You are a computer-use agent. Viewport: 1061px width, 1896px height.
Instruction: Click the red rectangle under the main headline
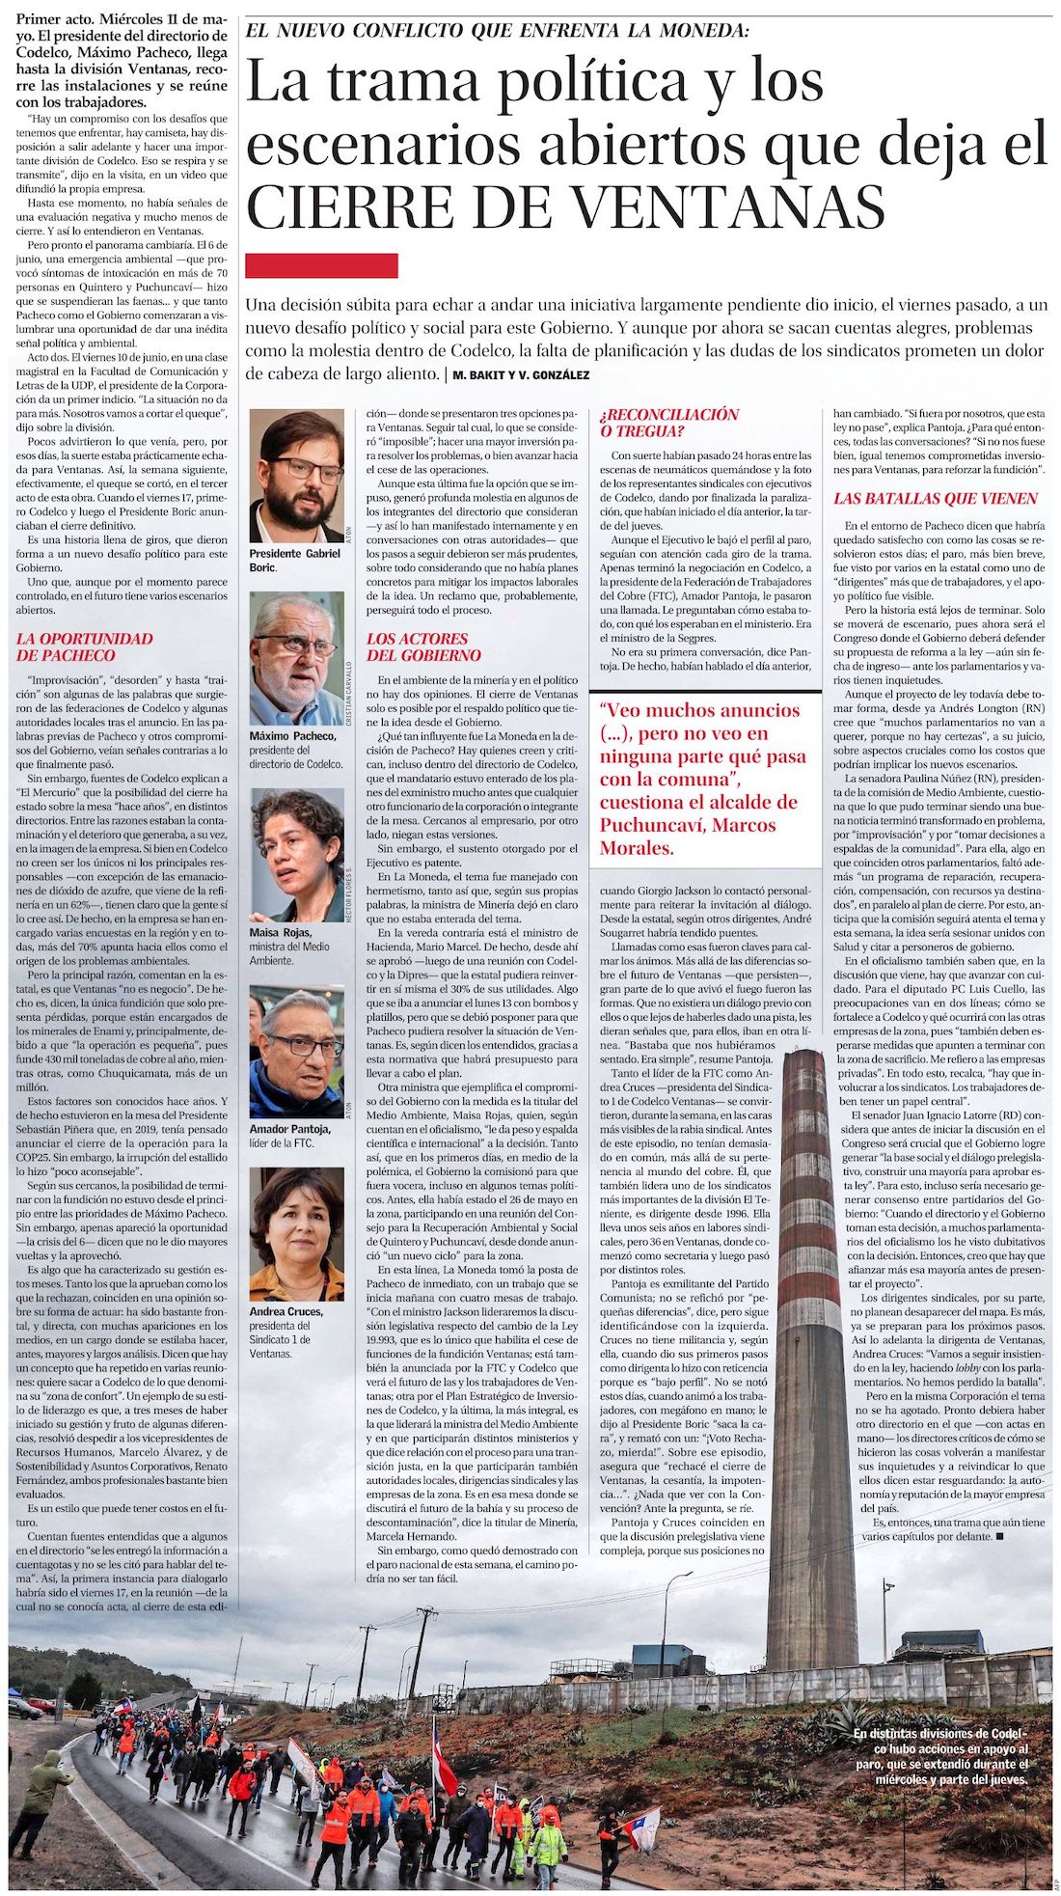321,265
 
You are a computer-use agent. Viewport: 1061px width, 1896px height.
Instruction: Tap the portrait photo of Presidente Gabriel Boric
296,476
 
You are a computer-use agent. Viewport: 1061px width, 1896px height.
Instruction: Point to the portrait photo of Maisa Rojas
296,855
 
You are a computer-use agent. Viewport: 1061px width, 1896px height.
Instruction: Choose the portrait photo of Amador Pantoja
296,1052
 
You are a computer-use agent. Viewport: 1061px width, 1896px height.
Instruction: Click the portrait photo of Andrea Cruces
296,1234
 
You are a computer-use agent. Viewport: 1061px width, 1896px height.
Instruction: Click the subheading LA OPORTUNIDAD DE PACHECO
85,646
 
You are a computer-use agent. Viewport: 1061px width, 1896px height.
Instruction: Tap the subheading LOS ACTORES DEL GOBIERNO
423,646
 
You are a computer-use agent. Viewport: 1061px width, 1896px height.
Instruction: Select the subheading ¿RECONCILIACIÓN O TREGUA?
669,423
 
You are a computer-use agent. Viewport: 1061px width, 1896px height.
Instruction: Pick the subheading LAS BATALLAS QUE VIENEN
936,499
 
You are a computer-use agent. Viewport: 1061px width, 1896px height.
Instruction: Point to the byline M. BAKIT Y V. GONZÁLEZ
521,374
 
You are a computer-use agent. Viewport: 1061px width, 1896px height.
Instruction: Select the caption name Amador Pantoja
289,1129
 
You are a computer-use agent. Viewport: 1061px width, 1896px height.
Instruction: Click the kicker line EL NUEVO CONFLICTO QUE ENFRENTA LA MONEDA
497,31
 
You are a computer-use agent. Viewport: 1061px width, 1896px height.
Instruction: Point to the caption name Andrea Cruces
286,1312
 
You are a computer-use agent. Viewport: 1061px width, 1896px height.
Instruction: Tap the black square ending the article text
999,1535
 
